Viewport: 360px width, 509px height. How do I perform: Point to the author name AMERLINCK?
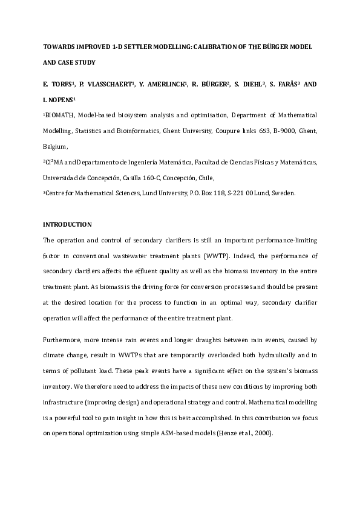[166, 84]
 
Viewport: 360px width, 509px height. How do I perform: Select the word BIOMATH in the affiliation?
[61, 115]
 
